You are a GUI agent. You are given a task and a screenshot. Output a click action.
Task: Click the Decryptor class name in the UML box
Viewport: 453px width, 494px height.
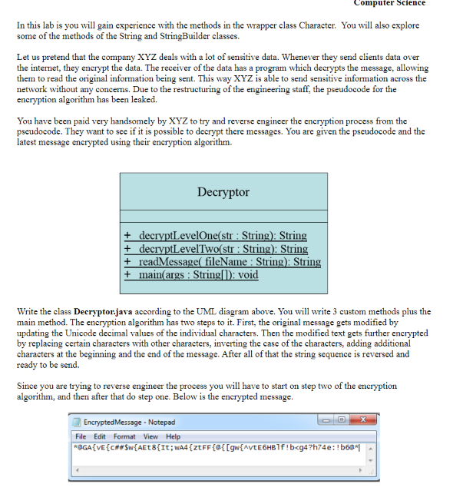(223, 192)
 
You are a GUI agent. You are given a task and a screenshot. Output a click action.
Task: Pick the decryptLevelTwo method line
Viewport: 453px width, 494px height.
(216, 249)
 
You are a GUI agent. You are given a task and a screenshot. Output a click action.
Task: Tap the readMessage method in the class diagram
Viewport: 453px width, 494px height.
(222, 262)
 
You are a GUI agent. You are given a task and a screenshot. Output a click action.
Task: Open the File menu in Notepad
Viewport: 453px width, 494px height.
(81, 436)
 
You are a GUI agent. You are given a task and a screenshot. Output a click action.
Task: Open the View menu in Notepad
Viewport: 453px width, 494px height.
(152, 436)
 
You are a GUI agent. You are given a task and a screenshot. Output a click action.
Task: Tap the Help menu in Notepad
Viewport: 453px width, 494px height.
(174, 436)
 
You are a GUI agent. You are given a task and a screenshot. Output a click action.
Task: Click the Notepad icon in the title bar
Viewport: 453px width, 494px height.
(77, 423)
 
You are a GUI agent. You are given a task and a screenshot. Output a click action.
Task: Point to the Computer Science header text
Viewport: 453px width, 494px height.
(389, 3)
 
